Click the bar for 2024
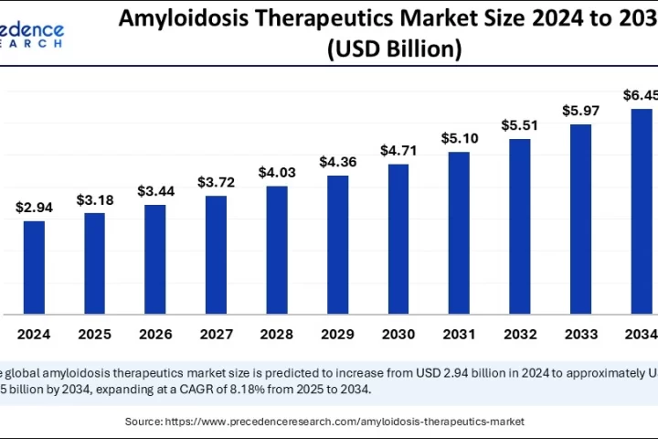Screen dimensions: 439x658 pyautogui.click(x=34, y=267)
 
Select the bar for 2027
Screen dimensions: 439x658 pyautogui.click(x=216, y=254)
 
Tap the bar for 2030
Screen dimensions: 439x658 pyautogui.click(x=398, y=239)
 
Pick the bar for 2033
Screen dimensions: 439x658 pyautogui.click(x=580, y=219)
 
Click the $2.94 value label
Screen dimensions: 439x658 pyautogui.click(x=34, y=208)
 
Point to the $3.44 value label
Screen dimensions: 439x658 pyautogui.click(x=155, y=191)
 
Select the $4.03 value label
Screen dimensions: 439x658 pyautogui.click(x=277, y=172)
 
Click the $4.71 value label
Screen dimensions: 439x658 pyautogui.click(x=398, y=150)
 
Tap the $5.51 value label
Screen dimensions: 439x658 pyautogui.click(x=520, y=124)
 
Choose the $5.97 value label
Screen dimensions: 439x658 pyautogui.click(x=580, y=111)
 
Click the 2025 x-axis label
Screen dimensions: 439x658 pyautogui.click(x=95, y=335)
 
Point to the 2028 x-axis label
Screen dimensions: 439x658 pyautogui.click(x=277, y=335)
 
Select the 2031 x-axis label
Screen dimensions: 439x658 pyautogui.click(x=459, y=335)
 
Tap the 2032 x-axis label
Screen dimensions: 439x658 pyautogui.click(x=520, y=335)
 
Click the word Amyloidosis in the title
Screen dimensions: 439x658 pyautogui.click(x=182, y=17)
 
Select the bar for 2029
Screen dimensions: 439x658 pyautogui.click(x=337, y=244)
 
